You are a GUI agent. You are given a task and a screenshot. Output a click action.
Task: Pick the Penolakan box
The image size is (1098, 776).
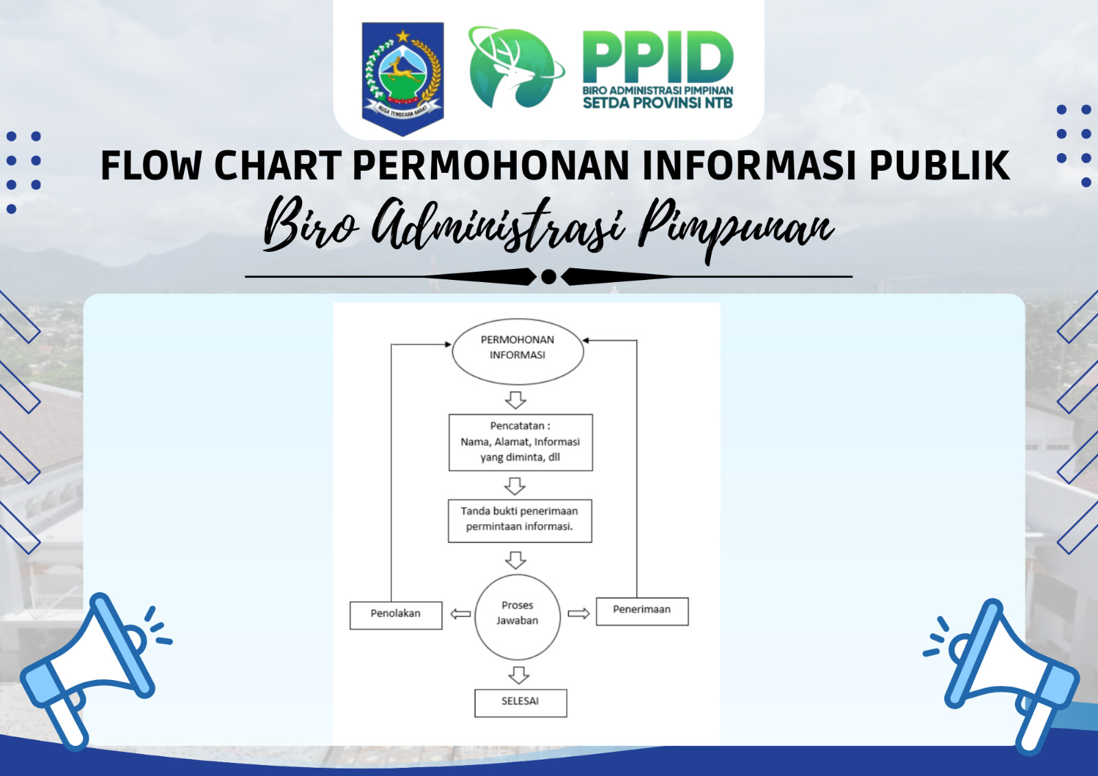395,615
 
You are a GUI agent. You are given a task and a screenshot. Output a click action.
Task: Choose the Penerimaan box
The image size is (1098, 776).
642,611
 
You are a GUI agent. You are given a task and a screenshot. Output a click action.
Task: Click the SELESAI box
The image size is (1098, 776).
521,703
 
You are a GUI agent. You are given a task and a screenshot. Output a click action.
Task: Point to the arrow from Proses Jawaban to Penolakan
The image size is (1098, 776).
460,614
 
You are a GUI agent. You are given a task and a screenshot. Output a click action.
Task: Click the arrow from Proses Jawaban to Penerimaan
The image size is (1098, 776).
579,613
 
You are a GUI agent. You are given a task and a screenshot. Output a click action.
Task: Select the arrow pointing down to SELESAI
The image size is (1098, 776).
519,675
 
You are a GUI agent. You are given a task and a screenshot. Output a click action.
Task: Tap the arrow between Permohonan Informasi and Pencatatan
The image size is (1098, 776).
515,400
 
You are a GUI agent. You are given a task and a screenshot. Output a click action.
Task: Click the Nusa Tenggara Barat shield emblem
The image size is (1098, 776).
403,78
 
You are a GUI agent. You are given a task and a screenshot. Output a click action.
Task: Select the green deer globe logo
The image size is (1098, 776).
515,67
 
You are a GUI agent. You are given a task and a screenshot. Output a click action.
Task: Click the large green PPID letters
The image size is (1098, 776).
658,57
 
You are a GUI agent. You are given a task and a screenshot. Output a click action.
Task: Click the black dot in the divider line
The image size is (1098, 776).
548,277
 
